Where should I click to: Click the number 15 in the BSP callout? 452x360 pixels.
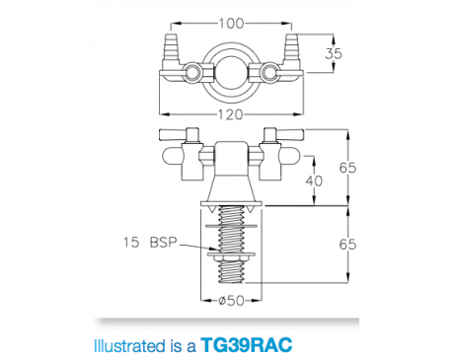[x=130, y=241]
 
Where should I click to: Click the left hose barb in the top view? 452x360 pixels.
[x=170, y=48]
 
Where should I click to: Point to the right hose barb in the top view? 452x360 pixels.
[x=290, y=48]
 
